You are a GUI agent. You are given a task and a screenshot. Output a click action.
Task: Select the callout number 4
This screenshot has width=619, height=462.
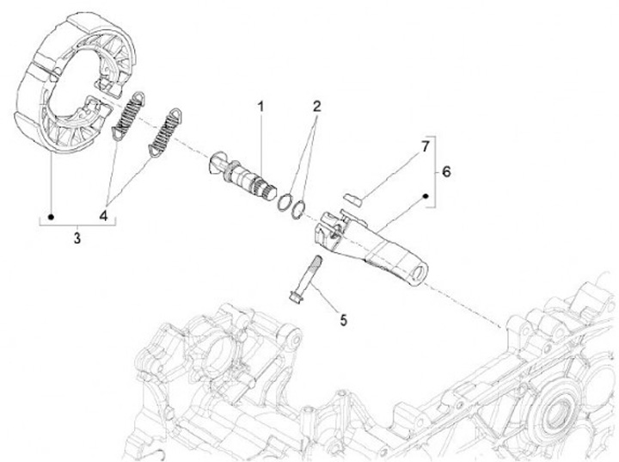click(104, 216)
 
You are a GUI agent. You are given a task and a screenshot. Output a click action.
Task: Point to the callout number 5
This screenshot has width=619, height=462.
click(343, 320)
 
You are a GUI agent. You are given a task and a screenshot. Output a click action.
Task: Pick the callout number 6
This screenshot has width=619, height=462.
click(445, 171)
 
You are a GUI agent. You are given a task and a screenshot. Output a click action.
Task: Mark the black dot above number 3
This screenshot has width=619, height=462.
click(52, 215)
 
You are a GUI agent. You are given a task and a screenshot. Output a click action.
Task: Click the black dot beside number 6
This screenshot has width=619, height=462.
click(426, 197)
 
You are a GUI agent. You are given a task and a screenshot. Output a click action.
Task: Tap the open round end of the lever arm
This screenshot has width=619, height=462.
click(418, 272)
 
